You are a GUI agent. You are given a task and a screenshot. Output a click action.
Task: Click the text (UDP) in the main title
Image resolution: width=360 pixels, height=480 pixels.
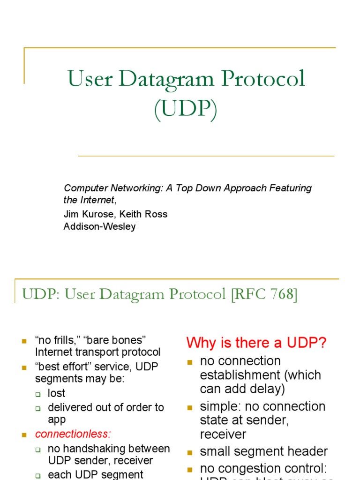click(x=186, y=110)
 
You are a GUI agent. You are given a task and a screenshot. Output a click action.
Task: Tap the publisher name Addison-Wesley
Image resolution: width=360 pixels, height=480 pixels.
click(x=99, y=227)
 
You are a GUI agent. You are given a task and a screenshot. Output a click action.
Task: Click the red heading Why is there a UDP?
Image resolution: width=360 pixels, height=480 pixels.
click(x=256, y=343)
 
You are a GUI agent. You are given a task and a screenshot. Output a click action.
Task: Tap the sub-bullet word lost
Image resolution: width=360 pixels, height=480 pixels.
click(x=56, y=393)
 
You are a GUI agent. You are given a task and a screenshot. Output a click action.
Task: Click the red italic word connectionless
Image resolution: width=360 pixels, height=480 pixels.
click(x=73, y=434)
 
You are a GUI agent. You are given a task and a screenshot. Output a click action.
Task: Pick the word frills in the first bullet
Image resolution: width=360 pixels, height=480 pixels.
click(x=65, y=339)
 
